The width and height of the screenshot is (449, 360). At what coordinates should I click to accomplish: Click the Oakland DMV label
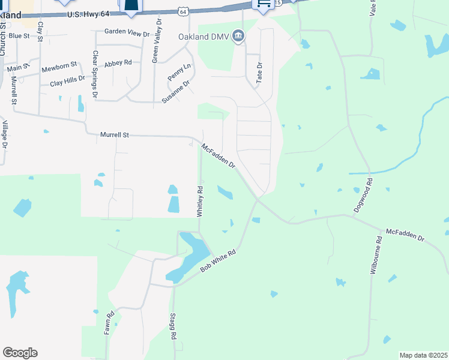205,37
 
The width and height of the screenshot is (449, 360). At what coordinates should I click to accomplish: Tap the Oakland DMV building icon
238,37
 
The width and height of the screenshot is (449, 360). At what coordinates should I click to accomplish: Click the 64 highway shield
183,11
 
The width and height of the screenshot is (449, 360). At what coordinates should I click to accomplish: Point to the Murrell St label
115,135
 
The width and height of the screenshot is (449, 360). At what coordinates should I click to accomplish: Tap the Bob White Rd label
218,262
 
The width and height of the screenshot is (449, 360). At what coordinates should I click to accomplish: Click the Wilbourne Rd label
374,255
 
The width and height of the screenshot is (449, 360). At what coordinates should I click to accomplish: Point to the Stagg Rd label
173,328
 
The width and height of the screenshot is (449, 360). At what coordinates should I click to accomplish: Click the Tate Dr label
260,73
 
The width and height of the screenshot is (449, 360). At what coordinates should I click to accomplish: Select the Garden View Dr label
127,33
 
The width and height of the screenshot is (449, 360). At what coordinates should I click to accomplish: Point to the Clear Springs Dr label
95,74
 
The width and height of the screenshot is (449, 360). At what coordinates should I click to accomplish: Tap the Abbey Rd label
118,63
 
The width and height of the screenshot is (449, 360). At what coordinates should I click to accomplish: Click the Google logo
20,353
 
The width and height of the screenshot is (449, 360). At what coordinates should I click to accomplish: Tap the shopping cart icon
263,4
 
